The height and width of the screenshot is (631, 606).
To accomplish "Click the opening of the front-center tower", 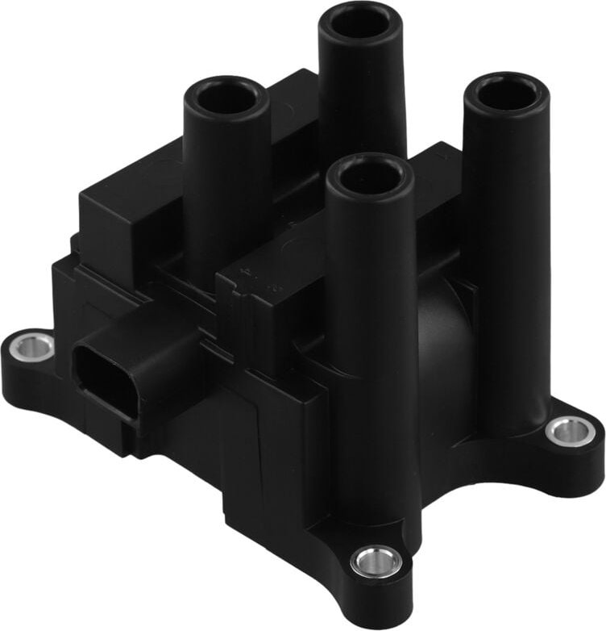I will [371, 176].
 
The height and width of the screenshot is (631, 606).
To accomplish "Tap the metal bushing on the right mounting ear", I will [571, 430].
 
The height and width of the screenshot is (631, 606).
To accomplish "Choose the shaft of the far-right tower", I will [506, 242].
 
